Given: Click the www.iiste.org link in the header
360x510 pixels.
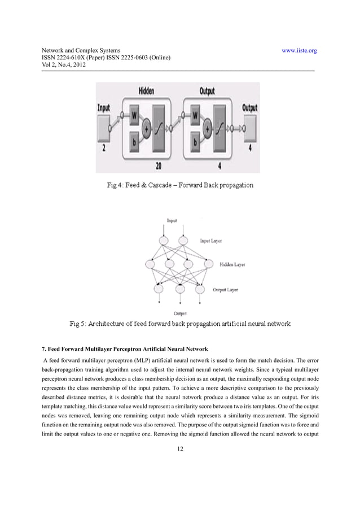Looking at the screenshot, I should (x=298, y=50).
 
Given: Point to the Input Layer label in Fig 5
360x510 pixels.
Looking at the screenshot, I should (x=211, y=241).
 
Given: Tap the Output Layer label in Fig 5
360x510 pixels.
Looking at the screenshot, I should (x=225, y=290).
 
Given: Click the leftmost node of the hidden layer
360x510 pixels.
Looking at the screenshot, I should (x=150, y=264).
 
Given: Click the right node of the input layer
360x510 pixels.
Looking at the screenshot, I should (x=183, y=241).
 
